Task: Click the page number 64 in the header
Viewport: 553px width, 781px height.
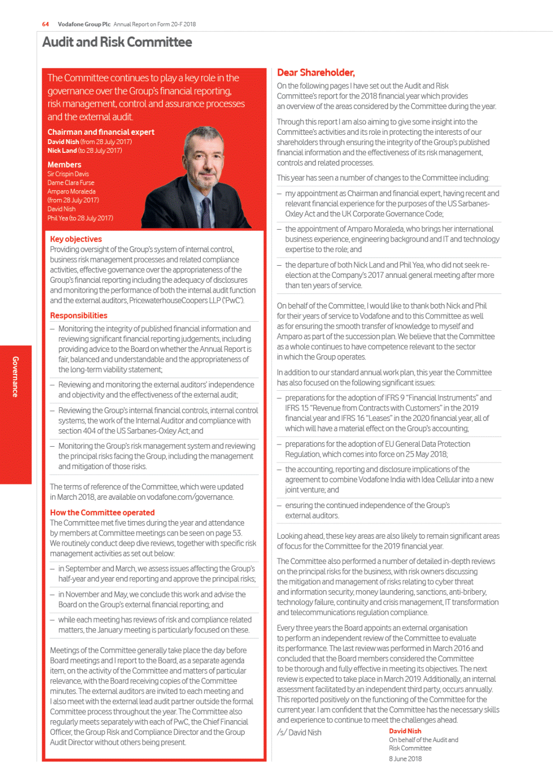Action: click(46, 24)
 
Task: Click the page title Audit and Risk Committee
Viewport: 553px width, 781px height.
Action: click(117, 42)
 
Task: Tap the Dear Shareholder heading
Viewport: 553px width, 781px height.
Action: click(315, 72)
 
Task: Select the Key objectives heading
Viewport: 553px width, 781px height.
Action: click(76, 239)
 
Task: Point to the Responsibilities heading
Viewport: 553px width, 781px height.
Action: click(78, 315)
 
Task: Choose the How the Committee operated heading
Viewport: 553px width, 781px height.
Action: click(102, 512)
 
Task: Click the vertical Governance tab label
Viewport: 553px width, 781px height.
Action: click(15, 377)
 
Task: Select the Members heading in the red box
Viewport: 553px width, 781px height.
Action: click(64, 164)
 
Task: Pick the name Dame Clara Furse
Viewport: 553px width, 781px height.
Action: click(71, 183)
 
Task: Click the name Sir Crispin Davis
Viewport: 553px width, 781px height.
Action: click(68, 174)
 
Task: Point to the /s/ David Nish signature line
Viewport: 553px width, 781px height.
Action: click(299, 732)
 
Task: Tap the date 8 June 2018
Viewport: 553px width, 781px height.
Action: click(405, 759)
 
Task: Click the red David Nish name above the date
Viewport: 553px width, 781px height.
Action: click(405, 731)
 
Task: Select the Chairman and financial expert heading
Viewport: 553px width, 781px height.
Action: click(101, 132)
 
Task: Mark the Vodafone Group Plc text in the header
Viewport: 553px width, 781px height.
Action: click(84, 24)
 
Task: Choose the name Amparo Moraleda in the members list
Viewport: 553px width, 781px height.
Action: click(71, 191)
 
